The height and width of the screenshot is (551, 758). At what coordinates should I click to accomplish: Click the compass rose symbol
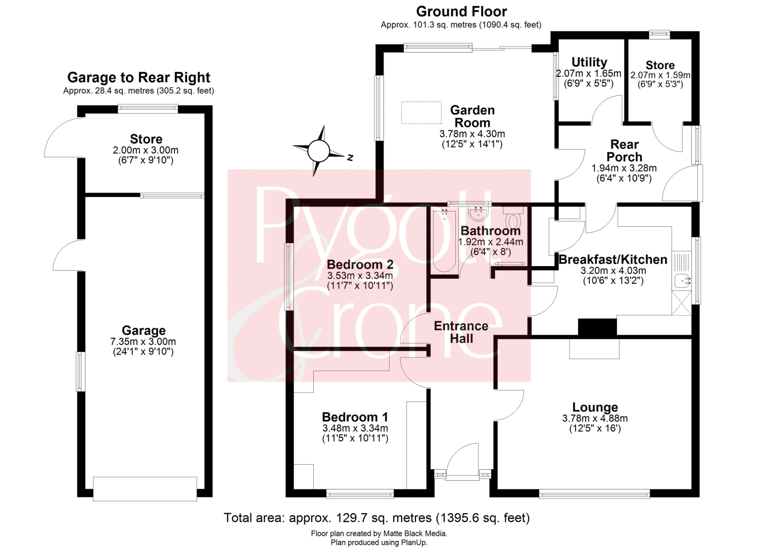coord(318,151)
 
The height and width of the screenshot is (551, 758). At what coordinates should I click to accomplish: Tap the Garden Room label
coord(472,116)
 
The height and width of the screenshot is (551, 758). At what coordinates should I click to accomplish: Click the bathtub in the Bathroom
coord(444,240)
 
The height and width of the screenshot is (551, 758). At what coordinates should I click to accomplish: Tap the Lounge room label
coord(595,407)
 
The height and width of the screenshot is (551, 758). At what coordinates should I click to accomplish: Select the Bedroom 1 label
coord(355,417)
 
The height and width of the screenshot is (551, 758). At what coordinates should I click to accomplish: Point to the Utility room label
coord(589,62)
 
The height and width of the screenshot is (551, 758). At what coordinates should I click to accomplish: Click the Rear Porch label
coord(624,151)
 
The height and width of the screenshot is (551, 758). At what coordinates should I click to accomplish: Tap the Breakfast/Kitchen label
coord(613,260)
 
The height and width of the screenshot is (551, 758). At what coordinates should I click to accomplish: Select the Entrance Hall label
coord(461,332)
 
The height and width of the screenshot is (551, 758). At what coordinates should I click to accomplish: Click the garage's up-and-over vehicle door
coord(145,489)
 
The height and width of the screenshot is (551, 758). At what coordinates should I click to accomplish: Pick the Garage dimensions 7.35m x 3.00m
coord(143,341)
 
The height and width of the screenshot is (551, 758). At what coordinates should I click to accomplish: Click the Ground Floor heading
coord(461,12)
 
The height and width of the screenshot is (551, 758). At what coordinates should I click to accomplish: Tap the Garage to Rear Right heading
coord(139,77)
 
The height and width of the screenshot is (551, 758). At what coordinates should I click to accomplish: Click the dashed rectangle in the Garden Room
coord(421,113)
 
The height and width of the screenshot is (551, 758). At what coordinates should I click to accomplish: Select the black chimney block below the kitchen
coord(597,327)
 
